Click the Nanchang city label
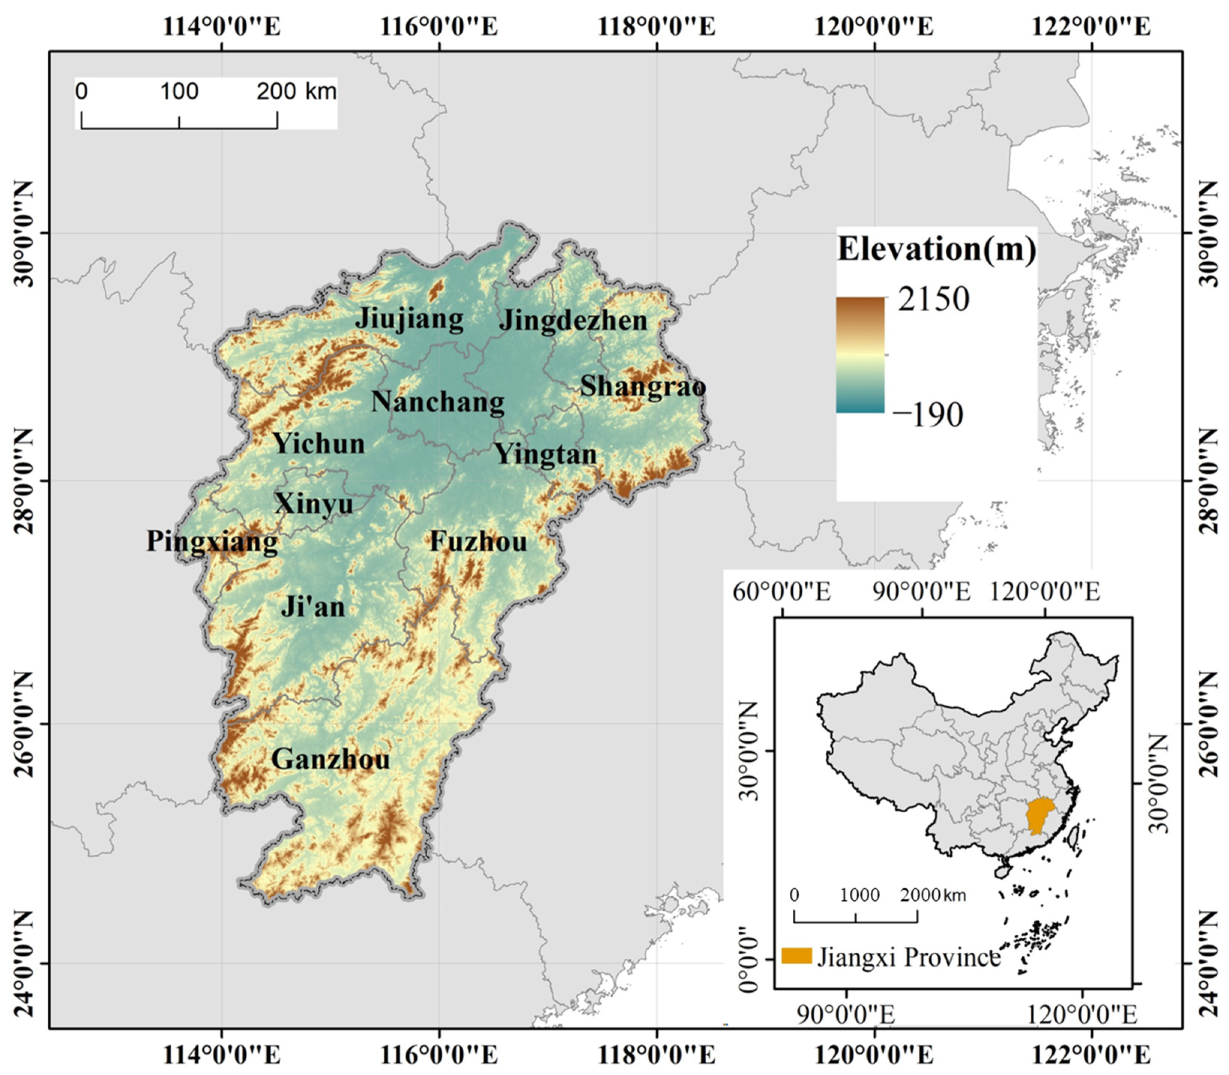438,401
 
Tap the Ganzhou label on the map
331,759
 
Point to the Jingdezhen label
573,320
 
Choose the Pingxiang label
212,542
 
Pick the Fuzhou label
478,542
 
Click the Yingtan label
545,454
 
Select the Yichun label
319,444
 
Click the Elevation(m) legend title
936,249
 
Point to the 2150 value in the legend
933,298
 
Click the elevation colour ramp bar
860,355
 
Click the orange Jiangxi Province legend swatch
796,956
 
